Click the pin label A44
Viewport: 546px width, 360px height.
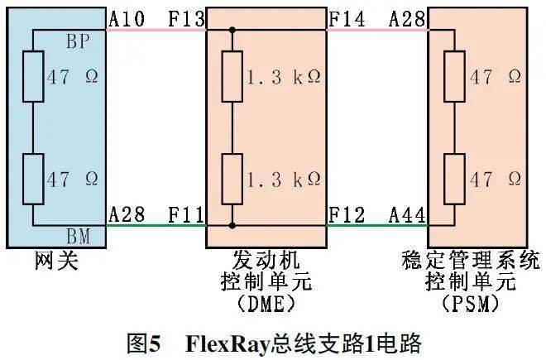tap(408, 215)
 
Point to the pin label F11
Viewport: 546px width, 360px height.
tap(187, 215)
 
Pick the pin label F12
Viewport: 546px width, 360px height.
tap(347, 215)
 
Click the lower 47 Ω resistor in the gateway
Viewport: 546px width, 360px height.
tap(34, 178)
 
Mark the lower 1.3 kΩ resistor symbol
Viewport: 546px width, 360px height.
tap(232, 178)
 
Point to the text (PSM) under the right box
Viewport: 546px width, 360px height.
tap(471, 304)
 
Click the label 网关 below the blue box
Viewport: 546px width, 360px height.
tap(56, 262)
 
